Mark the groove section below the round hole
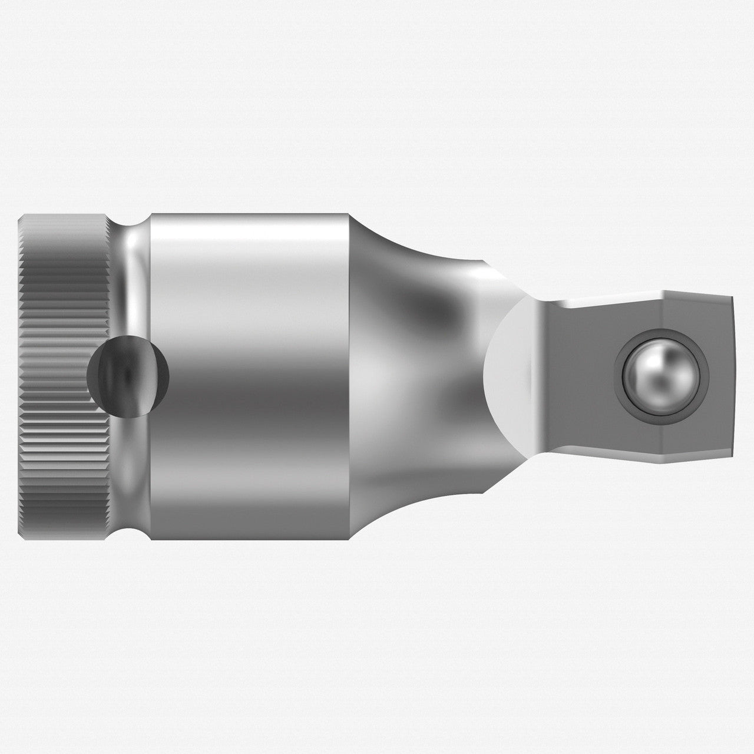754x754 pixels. pyautogui.click(x=133, y=477)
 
